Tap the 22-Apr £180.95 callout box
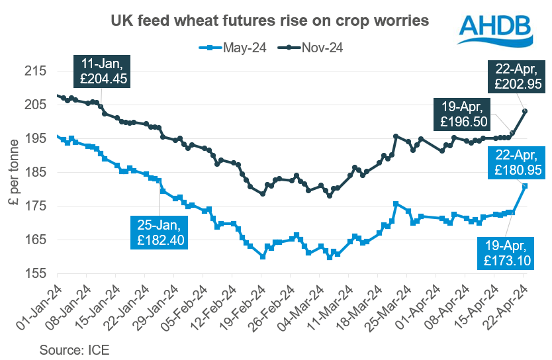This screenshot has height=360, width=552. [x=514, y=162]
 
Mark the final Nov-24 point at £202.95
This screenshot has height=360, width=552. [x=525, y=111]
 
